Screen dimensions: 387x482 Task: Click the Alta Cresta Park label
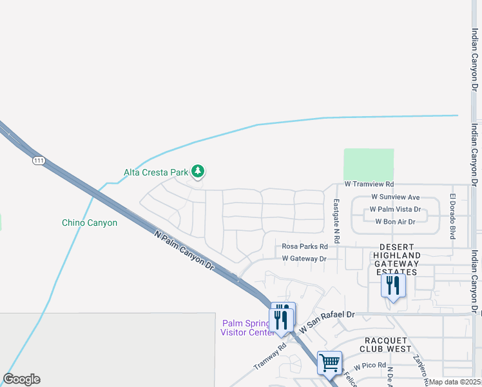155,172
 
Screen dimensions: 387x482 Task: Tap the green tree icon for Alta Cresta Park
199,171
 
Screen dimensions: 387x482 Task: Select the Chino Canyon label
90,223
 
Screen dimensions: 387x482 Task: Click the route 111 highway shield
39,160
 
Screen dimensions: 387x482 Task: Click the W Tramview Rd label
369,184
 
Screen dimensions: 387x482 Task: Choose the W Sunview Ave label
395,197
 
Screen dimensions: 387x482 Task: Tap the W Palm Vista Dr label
394,210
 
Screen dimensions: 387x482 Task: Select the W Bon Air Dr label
395,222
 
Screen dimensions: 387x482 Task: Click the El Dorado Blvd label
452,217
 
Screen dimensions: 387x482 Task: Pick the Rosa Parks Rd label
305,246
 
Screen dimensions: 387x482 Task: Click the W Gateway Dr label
304,259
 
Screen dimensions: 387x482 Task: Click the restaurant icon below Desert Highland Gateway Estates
393,286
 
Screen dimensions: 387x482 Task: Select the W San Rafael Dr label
326,315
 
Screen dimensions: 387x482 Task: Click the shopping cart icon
329,362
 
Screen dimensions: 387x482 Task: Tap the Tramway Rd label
270,356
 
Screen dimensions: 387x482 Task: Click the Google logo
21,379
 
